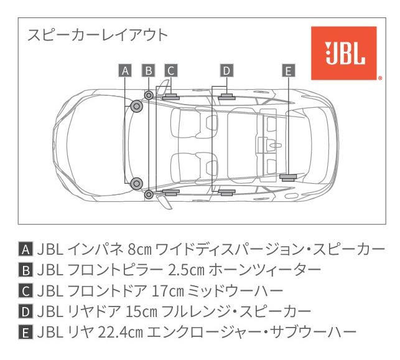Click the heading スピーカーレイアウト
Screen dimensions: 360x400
tap(97, 35)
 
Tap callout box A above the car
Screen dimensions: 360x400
tap(126, 70)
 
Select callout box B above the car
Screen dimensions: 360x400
tap(148, 70)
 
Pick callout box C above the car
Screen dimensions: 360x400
tap(170, 70)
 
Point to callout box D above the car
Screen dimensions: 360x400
tap(226, 70)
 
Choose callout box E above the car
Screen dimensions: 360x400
tap(287, 70)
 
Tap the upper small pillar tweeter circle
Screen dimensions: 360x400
tap(149, 95)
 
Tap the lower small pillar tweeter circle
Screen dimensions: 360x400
tap(149, 195)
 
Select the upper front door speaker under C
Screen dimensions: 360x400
tap(171, 97)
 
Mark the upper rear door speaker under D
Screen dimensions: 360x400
tap(227, 97)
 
